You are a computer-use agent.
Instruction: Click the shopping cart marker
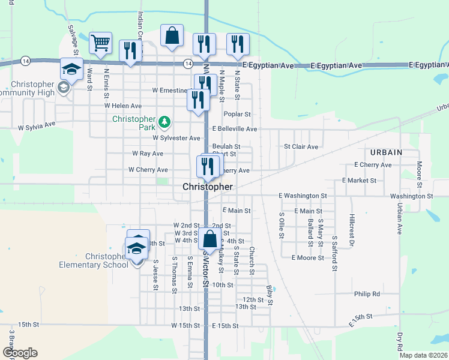(x=100, y=43)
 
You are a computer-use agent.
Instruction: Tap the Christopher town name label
(x=208, y=187)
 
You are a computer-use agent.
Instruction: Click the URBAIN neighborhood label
(x=386, y=152)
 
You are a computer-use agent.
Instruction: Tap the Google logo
(x=20, y=353)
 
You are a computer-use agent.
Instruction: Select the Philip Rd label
(x=367, y=294)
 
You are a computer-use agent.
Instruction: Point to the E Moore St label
(x=307, y=258)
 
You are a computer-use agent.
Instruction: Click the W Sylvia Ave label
(x=37, y=127)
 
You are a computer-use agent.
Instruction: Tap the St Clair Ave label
(x=301, y=146)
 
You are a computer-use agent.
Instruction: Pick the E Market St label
(x=359, y=180)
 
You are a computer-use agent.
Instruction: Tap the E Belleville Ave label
(x=235, y=129)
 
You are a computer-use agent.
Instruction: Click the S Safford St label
(x=334, y=253)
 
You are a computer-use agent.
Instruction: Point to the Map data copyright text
(x=423, y=355)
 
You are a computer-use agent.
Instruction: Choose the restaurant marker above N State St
(x=238, y=44)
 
